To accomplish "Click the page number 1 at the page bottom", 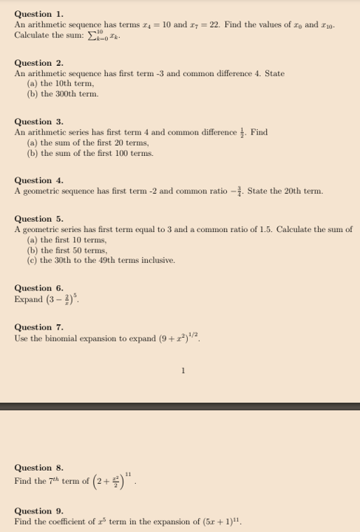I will point(182,371).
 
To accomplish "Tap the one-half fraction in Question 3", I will point(243,132).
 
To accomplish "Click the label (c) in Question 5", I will point(32,260).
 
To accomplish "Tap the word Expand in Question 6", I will point(29,300).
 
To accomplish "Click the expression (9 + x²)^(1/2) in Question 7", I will point(179,338).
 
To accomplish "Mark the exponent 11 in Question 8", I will point(128,473).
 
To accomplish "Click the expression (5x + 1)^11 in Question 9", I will point(220,521).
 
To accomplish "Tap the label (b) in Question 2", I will point(32,94).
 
